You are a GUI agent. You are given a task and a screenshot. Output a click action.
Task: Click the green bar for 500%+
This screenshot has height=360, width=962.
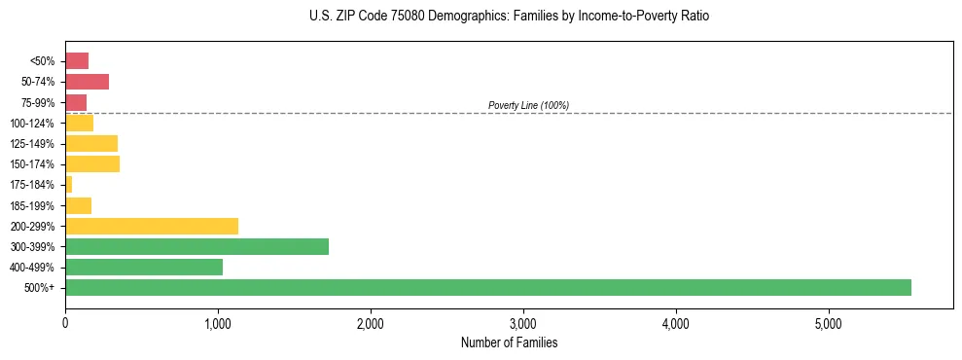pyautogui.click(x=487, y=287)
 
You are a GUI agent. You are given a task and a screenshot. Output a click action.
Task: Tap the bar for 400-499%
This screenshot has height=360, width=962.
pyautogui.click(x=144, y=267)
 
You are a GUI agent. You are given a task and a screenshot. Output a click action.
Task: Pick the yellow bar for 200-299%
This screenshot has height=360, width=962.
pyautogui.click(x=152, y=226)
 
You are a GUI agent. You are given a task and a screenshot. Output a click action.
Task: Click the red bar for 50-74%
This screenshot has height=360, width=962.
pyautogui.click(x=87, y=82)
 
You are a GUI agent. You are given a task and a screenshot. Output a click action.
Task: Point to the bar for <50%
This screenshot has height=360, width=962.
pyautogui.click(x=77, y=61)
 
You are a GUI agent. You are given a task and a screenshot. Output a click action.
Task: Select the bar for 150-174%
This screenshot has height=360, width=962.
pyautogui.click(x=92, y=163)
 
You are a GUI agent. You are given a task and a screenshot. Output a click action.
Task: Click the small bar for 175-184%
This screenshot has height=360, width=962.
pyautogui.click(x=69, y=184)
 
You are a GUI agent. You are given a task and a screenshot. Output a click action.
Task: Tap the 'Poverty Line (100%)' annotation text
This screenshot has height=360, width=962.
pyautogui.click(x=528, y=105)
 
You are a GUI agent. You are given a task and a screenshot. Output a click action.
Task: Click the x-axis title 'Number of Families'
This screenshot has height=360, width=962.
pyautogui.click(x=509, y=342)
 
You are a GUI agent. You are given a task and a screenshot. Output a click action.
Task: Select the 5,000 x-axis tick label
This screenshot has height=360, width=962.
pyautogui.click(x=829, y=323)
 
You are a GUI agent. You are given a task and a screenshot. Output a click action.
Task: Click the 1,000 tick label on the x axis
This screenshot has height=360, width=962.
pyautogui.click(x=218, y=323)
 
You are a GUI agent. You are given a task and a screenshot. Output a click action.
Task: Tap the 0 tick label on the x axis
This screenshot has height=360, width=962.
pyautogui.click(x=65, y=323)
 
